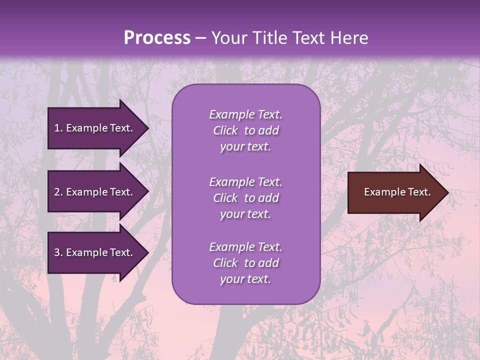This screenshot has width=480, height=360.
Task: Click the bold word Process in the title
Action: pos(157,38)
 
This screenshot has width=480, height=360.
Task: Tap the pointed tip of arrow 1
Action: pos(147,128)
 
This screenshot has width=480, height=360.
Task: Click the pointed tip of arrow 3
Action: pos(147,252)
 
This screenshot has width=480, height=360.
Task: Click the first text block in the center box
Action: pos(245,130)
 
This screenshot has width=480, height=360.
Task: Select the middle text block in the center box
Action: pos(245,198)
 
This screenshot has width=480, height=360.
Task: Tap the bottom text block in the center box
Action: pos(245,263)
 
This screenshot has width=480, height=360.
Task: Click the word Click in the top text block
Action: pos(225,130)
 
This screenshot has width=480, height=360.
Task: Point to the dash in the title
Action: pos(200,38)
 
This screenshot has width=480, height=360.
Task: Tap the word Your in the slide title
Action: pos(228,38)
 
